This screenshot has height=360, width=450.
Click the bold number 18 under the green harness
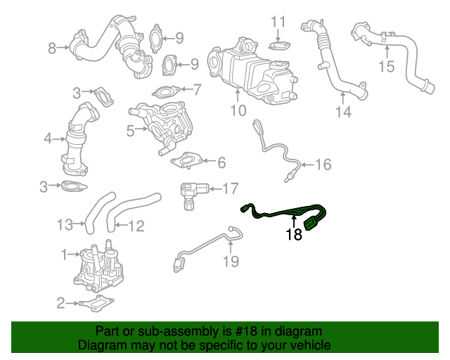pos(294,235)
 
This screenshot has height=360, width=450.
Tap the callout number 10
pos(238,110)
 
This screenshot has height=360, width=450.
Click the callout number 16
pos(322,165)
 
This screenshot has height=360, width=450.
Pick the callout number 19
pos(231,262)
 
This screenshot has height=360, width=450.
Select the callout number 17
pos(231,188)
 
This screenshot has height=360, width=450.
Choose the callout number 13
pos(65,225)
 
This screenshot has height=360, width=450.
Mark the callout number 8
pos(52,49)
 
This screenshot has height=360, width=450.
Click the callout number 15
pos(387,67)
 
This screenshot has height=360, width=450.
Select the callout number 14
pos(342,111)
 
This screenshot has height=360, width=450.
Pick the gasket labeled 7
pos(166,91)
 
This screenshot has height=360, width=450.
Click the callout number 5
pos(131,130)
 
